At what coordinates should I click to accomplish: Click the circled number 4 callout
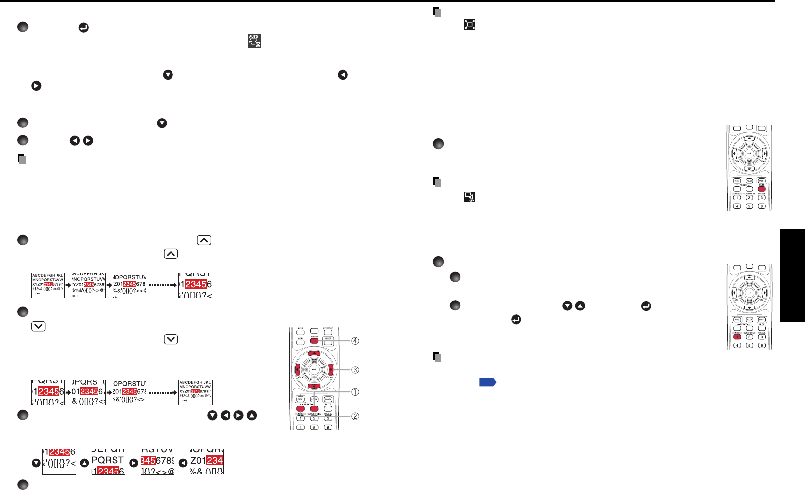pyautogui.click(x=355, y=341)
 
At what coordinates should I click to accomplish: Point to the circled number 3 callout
pyautogui.click(x=355, y=370)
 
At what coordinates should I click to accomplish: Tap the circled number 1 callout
pyautogui.click(x=355, y=392)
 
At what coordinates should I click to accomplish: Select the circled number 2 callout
pyautogui.click(x=355, y=416)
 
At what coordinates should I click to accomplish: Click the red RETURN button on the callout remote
pyautogui.click(x=314, y=341)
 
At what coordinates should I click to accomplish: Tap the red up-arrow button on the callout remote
pyautogui.click(x=314, y=353)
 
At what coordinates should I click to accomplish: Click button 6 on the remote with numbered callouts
pyautogui.click(x=328, y=427)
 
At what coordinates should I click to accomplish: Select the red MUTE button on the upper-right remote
pyautogui.click(x=762, y=189)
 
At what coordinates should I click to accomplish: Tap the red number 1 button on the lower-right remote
pyautogui.click(x=737, y=337)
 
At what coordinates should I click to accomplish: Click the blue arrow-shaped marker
pyautogui.click(x=488, y=382)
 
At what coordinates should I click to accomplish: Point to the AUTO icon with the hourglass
pyautogui.click(x=254, y=41)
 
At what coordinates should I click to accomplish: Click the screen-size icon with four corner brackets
pyautogui.click(x=469, y=24)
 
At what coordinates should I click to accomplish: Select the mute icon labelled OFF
pyautogui.click(x=469, y=197)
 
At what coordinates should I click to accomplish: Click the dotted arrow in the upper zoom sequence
pyautogui.click(x=163, y=285)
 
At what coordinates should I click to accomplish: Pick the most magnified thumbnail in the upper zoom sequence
pyautogui.click(x=195, y=285)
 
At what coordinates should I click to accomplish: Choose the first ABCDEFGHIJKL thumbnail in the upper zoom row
pyautogui.click(x=48, y=285)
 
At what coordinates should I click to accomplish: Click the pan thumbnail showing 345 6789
pyautogui.click(x=157, y=462)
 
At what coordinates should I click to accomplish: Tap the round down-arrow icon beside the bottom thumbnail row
pyautogui.click(x=36, y=463)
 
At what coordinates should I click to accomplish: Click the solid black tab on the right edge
pyautogui.click(x=792, y=275)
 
